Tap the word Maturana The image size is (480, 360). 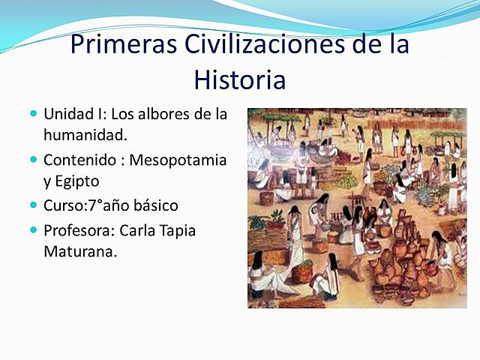tap(80, 251)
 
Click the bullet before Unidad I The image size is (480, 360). tap(33, 114)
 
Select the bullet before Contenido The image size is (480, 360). tap(33, 159)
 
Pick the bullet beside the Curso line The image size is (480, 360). tap(33, 204)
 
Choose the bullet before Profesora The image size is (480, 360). tap(33, 229)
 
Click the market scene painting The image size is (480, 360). tap(357, 208)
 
